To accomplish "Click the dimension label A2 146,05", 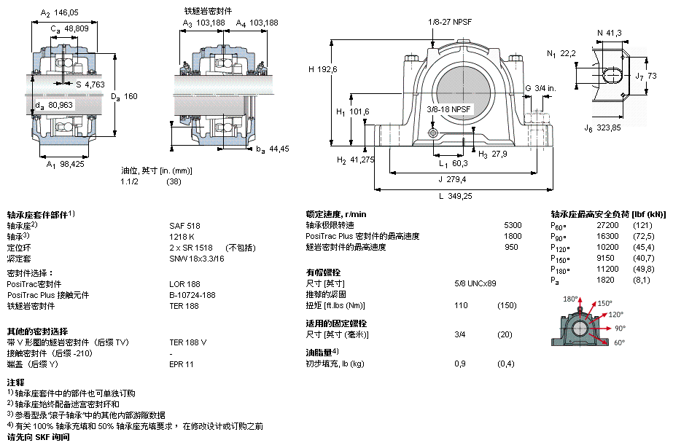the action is (60, 13).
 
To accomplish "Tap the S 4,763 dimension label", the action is (90, 85).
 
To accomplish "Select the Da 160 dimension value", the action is (124, 96).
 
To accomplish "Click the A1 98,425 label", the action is (65, 164).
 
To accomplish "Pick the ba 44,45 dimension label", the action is (273, 149).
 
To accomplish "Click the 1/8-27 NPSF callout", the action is (449, 22).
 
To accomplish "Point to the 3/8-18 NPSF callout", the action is (448, 109).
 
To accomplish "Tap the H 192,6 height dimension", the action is (323, 69).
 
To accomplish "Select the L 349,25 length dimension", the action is (456, 196).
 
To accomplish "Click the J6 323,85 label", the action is (602, 127).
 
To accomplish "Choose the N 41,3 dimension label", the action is (609, 33).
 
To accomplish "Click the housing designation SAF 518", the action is (184, 226).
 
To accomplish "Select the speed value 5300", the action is (513, 225).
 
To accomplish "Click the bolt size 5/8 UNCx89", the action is (475, 283).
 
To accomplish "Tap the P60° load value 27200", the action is (608, 225).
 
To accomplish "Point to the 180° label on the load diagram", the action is (570, 299).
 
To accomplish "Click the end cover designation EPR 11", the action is (181, 364).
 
